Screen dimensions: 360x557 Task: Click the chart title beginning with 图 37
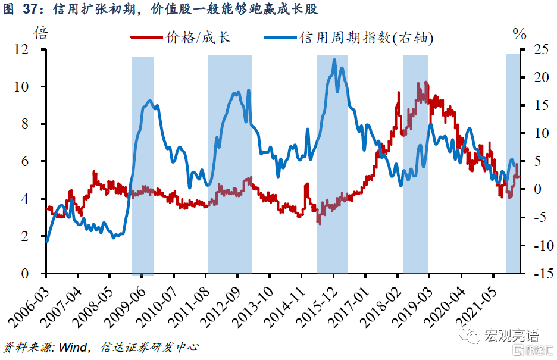(x=161, y=9)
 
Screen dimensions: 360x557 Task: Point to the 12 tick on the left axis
(x=30, y=49)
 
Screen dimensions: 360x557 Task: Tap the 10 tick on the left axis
(x=30, y=87)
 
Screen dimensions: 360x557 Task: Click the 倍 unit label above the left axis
(x=40, y=33)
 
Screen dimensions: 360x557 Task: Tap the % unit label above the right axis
(x=520, y=34)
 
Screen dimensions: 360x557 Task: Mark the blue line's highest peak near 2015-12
(x=334, y=60)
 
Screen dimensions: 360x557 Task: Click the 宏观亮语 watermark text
(x=509, y=337)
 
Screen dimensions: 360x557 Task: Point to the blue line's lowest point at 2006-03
(x=46, y=242)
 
